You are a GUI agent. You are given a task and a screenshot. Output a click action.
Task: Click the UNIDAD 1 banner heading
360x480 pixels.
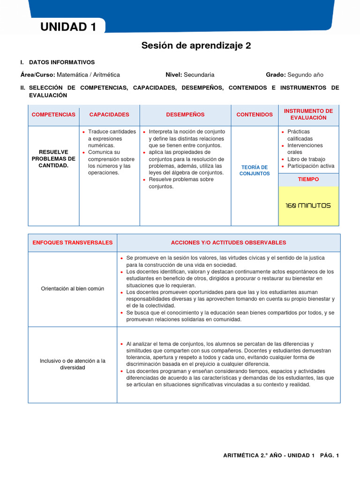tap(68, 27)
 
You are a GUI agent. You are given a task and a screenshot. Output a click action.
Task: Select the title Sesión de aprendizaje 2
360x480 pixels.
tap(196, 45)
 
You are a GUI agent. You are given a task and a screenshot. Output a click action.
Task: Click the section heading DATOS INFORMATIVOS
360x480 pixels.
tap(62, 62)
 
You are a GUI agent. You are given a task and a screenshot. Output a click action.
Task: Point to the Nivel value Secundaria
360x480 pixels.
tap(199, 75)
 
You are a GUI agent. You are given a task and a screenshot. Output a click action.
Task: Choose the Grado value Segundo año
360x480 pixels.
tap(305, 75)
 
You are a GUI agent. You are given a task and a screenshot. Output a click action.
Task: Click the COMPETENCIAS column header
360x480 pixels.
tap(53, 114)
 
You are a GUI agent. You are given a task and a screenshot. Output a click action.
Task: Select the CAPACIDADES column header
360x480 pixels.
tap(109, 114)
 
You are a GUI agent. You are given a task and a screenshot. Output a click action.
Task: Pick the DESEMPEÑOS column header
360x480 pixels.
tap(185, 114)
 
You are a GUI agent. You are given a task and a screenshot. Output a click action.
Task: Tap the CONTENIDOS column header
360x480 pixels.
tap(255, 114)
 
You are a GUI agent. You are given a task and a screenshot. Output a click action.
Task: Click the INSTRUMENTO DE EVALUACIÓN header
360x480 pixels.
tap(308, 114)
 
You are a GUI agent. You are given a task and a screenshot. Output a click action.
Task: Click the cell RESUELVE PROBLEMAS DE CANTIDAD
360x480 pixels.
tap(53, 159)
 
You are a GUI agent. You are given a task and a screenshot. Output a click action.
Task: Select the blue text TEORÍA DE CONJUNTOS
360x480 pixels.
tap(255, 170)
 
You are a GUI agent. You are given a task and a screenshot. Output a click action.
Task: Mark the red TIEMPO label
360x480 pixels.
tap(308, 180)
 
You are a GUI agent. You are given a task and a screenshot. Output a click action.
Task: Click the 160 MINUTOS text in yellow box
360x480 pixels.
tap(308, 206)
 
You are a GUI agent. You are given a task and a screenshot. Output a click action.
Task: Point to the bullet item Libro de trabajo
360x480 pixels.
tap(306, 159)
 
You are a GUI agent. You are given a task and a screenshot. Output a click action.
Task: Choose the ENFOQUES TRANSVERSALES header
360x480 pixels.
tap(73, 242)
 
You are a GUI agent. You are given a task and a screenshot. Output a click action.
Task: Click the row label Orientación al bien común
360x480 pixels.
tap(73, 288)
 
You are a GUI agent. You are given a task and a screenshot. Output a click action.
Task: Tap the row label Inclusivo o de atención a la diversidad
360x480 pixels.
tap(73, 364)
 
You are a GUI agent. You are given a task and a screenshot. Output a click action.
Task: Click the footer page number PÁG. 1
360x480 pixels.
tap(330, 456)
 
